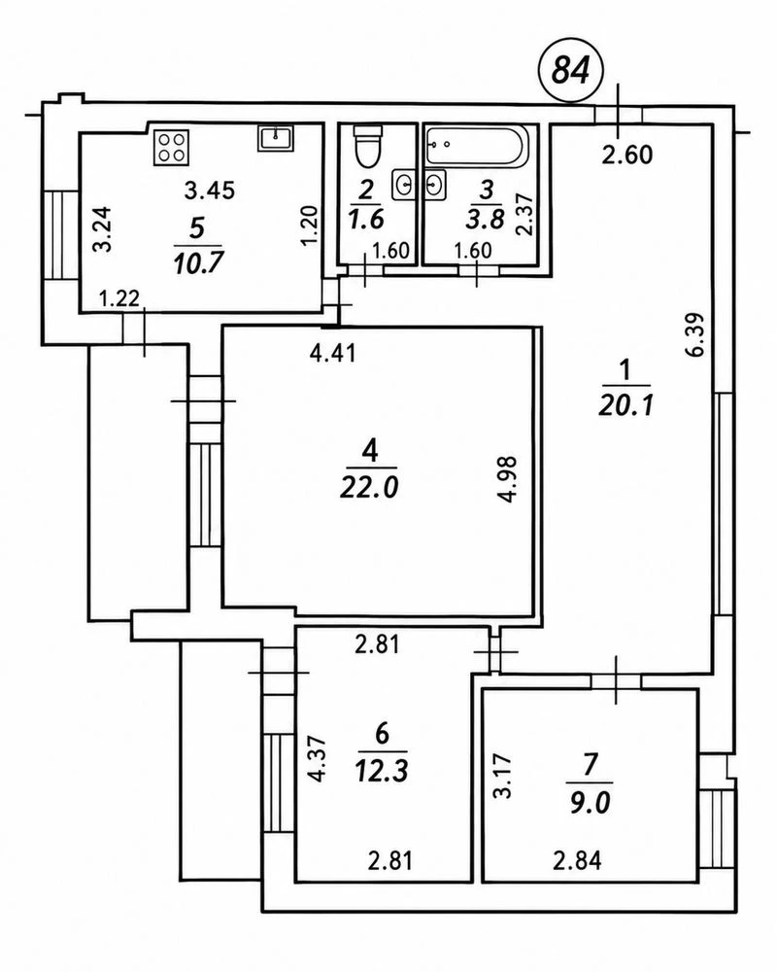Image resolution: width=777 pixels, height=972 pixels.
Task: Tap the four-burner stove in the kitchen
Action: point(172,147)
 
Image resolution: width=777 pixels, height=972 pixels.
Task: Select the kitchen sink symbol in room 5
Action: point(276,138)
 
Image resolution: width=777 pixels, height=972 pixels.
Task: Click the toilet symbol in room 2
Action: point(367,147)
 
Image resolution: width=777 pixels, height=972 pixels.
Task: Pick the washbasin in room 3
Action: point(435,185)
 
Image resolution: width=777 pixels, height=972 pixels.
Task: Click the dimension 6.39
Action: point(695,334)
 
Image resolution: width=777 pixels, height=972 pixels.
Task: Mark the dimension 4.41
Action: point(333,354)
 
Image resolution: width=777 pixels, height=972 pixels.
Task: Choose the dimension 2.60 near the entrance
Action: point(627,154)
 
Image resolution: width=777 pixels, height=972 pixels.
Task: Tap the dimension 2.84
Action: point(577,860)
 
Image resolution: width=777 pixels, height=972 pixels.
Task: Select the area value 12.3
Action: point(382,771)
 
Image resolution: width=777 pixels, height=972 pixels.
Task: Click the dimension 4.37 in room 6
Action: point(318,759)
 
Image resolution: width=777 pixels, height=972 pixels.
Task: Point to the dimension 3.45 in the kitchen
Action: point(210,190)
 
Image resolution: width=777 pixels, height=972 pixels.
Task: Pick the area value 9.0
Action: point(590,804)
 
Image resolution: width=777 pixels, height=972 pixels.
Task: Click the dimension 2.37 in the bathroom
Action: point(524,215)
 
